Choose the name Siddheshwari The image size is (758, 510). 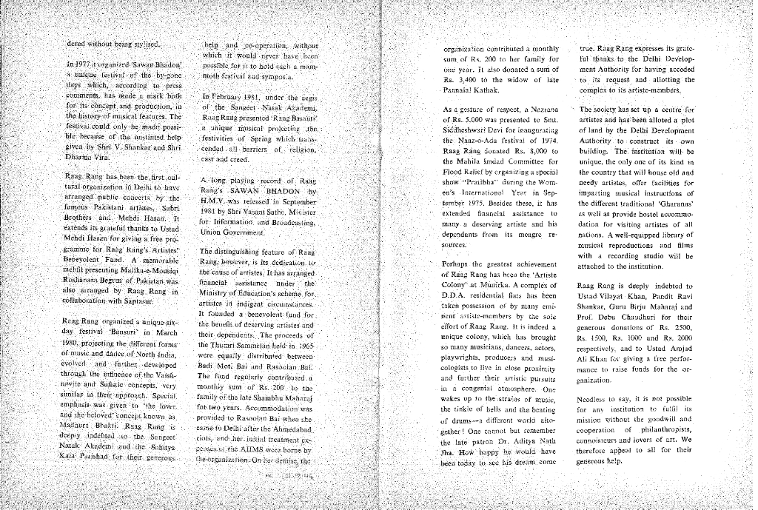tap(468, 130)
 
